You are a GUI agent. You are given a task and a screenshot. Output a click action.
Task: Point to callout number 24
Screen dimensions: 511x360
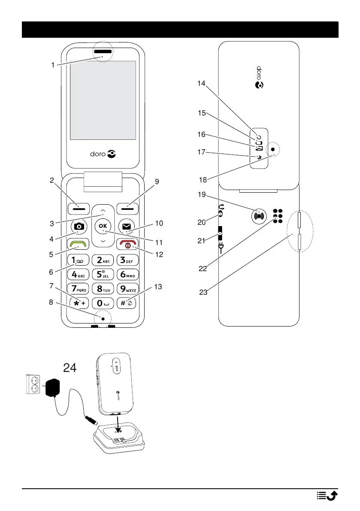point(70,367)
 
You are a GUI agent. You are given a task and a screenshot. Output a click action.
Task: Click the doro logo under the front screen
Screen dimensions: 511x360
point(103,153)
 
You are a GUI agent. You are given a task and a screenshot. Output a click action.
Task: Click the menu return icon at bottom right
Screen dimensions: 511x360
point(327,496)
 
